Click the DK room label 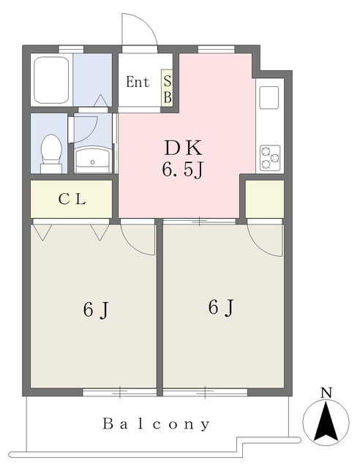click(182, 146)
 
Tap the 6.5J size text click(182, 170)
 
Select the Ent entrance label click(138, 82)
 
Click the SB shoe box click(168, 88)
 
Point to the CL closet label click(72, 199)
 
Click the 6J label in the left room click(96, 310)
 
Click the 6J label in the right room click(221, 308)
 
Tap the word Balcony click(157, 423)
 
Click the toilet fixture click(51, 150)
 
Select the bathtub click(51, 78)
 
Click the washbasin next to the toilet click(92, 156)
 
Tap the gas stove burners click(269, 156)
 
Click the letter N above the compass click(327, 393)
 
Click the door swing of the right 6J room click(263, 238)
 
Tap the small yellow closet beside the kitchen click(264, 198)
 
